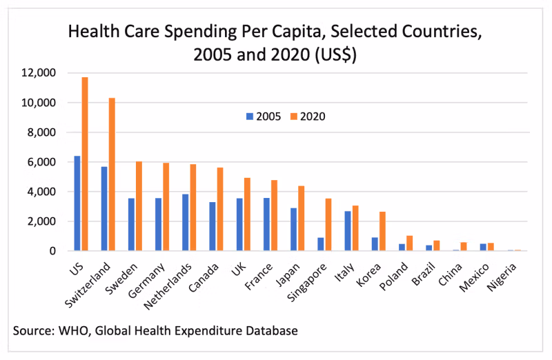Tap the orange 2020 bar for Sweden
click(x=139, y=206)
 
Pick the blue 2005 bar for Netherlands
click(x=186, y=223)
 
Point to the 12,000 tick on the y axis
click(x=41, y=73)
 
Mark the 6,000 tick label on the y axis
click(x=43, y=162)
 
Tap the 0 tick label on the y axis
click(x=51, y=251)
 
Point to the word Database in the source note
click(x=274, y=331)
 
